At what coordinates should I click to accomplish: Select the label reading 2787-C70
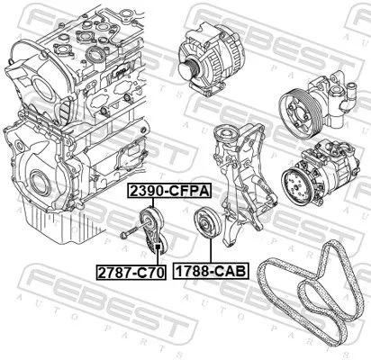point(131,270)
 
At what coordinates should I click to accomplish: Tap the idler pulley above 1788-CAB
point(206,223)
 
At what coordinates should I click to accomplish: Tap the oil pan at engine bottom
point(54,225)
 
